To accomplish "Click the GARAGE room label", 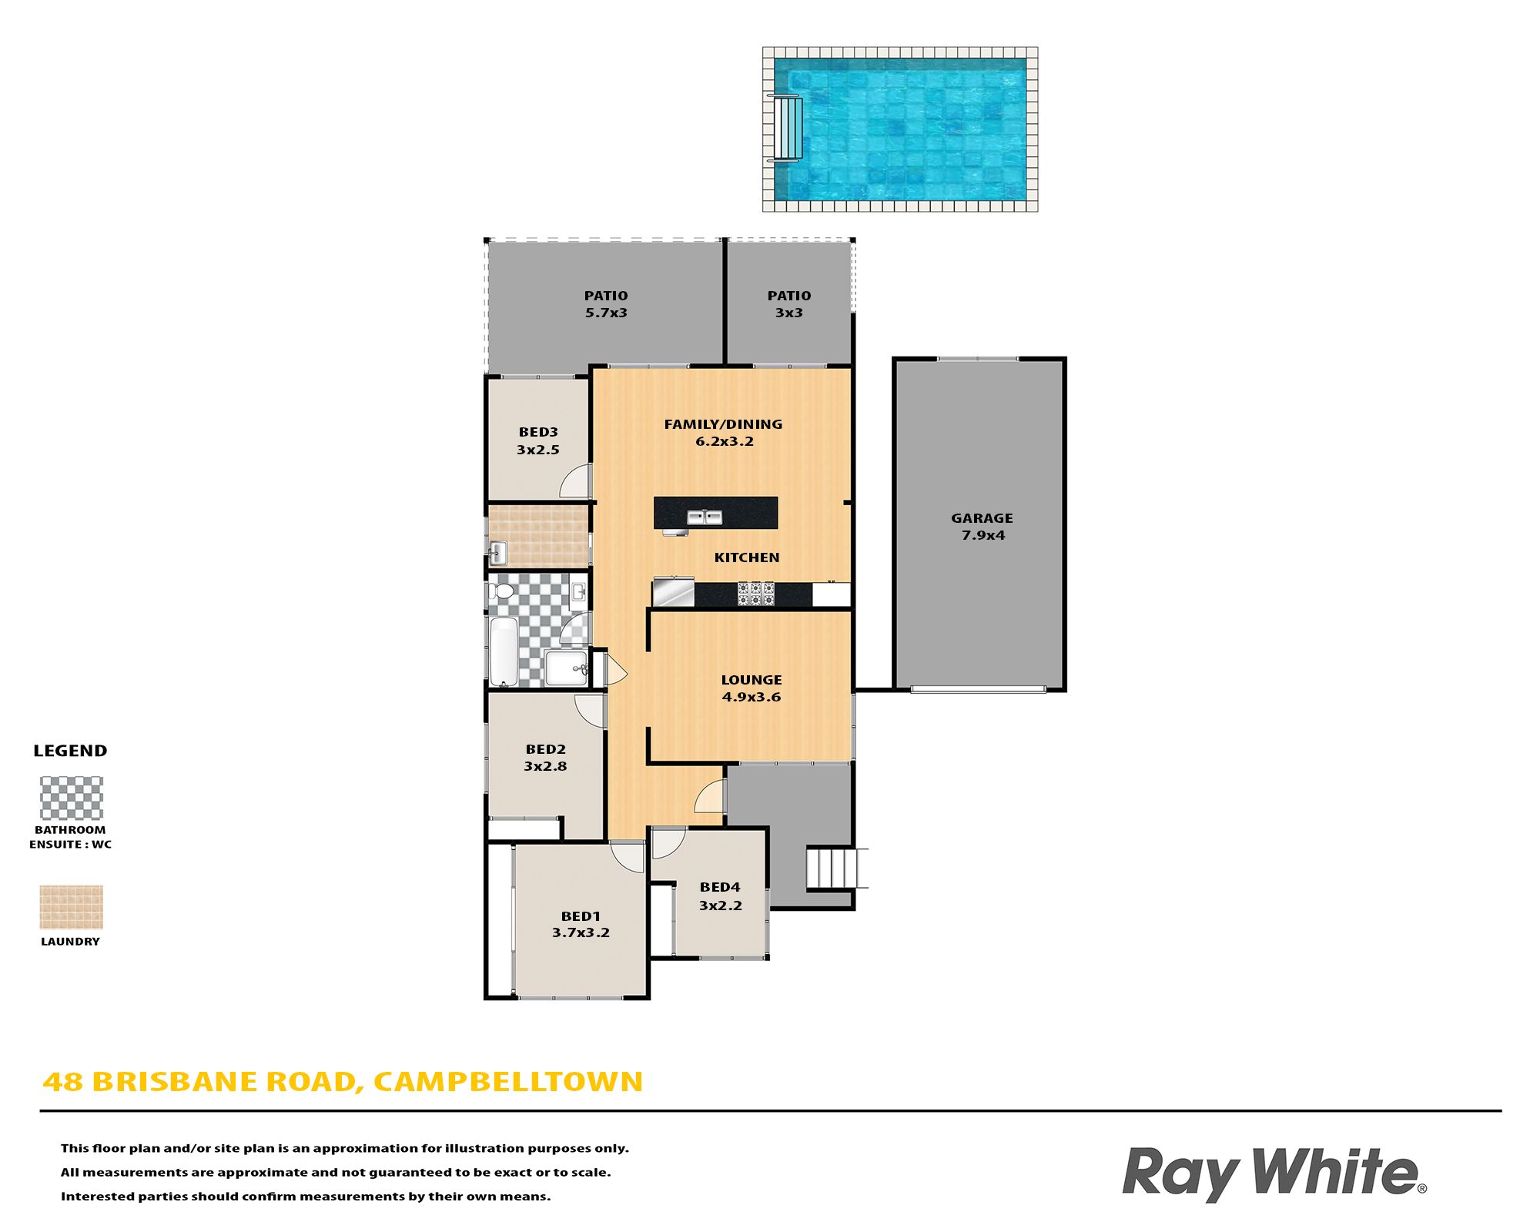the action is coord(982,518).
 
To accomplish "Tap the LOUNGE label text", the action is coord(752,680).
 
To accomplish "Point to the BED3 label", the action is coord(538,432).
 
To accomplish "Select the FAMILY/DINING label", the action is coord(723,424).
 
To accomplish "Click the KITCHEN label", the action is coord(747,557).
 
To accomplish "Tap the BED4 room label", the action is coord(720,887).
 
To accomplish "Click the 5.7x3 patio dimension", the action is coord(606,313).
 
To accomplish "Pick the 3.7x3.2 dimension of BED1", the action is coord(581,932).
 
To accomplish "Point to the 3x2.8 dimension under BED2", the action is coord(545,766).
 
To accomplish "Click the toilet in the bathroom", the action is coord(501,591).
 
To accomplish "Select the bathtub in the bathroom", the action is coord(504,651).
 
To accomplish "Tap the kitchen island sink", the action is coord(705,517).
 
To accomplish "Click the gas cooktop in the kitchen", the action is coord(755,594).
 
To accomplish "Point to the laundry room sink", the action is coord(498,552).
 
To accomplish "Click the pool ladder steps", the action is coord(785,129).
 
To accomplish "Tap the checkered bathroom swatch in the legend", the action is coord(72,798).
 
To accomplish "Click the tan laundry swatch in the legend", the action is coord(72,907).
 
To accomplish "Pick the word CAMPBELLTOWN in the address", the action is coord(508,1082).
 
